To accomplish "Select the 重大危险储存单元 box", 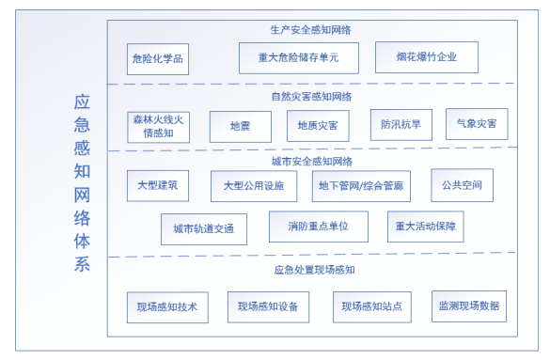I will (298, 58).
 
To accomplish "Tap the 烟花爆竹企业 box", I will (426, 57).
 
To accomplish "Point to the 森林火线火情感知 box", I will (158, 127).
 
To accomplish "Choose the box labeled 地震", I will (240, 126).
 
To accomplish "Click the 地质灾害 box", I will (318, 125).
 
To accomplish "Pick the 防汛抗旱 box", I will (401, 124).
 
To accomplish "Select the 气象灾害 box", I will (476, 123).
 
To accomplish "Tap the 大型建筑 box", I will (158, 185).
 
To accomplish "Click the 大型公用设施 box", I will (253, 186).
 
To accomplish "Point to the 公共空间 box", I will (462, 184).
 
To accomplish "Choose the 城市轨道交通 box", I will (203, 228).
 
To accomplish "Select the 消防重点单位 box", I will (318, 227).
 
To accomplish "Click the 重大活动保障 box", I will (425, 227).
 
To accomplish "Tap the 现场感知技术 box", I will (167, 307).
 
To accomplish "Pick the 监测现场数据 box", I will (468, 305).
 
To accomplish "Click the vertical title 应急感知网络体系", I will (82, 182).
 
